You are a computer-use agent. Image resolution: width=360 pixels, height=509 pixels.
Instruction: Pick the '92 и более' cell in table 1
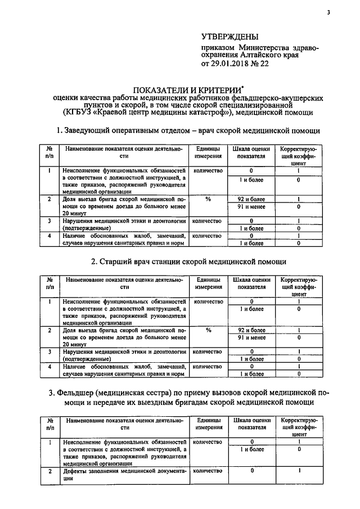[x=251, y=199]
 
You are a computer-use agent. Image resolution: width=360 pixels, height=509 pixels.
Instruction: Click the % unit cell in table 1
[x=208, y=199]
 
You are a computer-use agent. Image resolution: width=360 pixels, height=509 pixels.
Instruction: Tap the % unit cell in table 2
[x=208, y=330]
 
